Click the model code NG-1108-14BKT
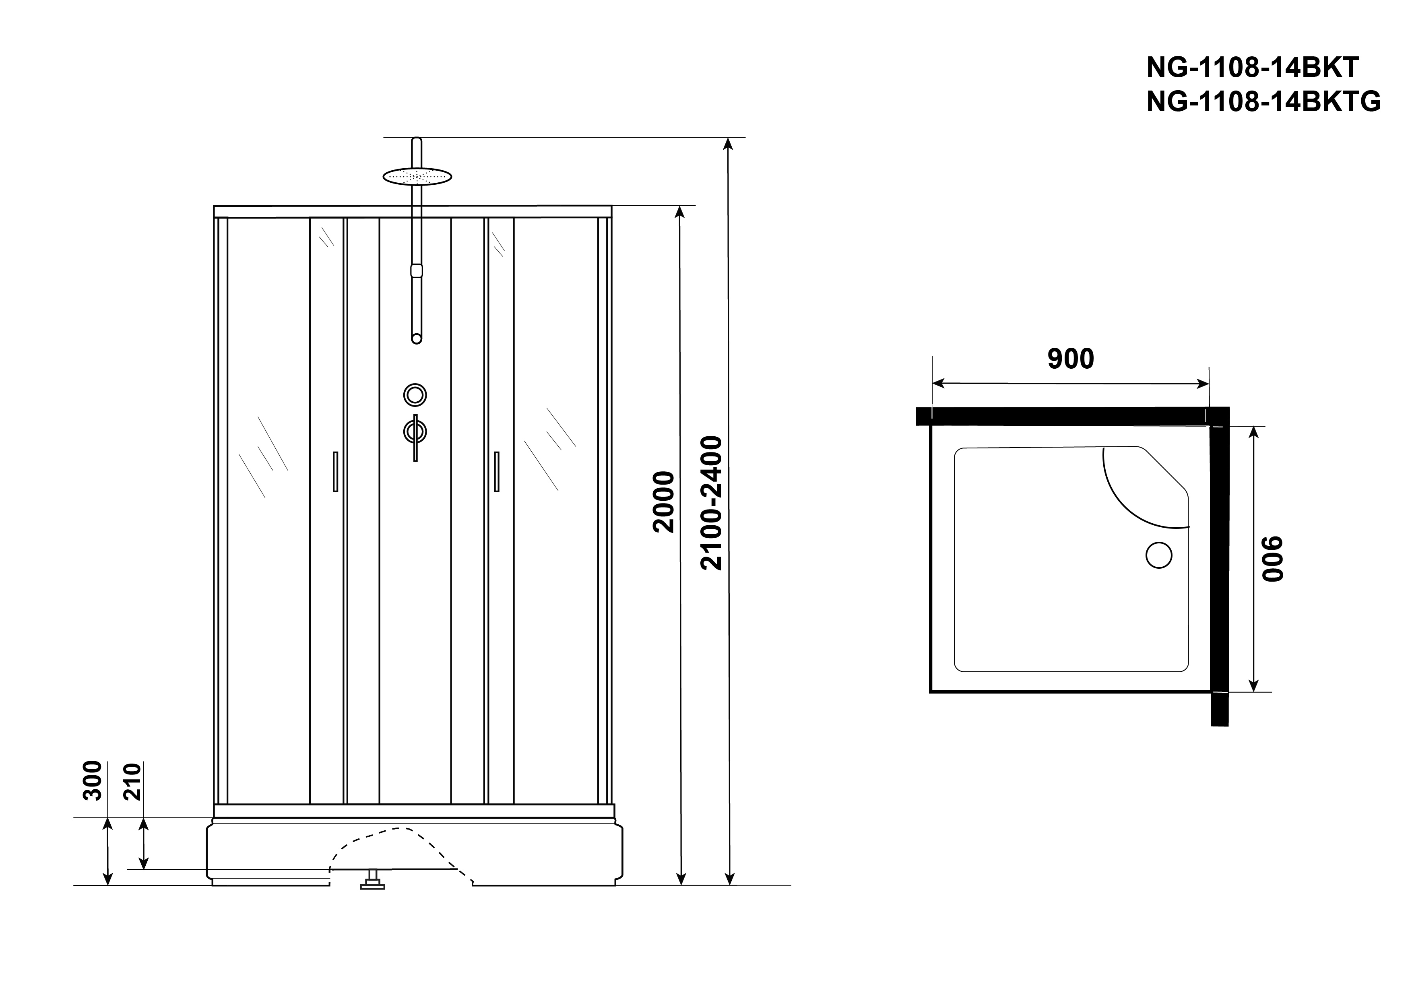point(1252,68)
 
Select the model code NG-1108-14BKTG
point(1264,101)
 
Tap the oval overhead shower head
point(417,177)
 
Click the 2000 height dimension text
point(664,502)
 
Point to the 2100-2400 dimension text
point(712,503)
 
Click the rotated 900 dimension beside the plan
point(1273,559)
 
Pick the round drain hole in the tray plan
point(1159,555)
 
